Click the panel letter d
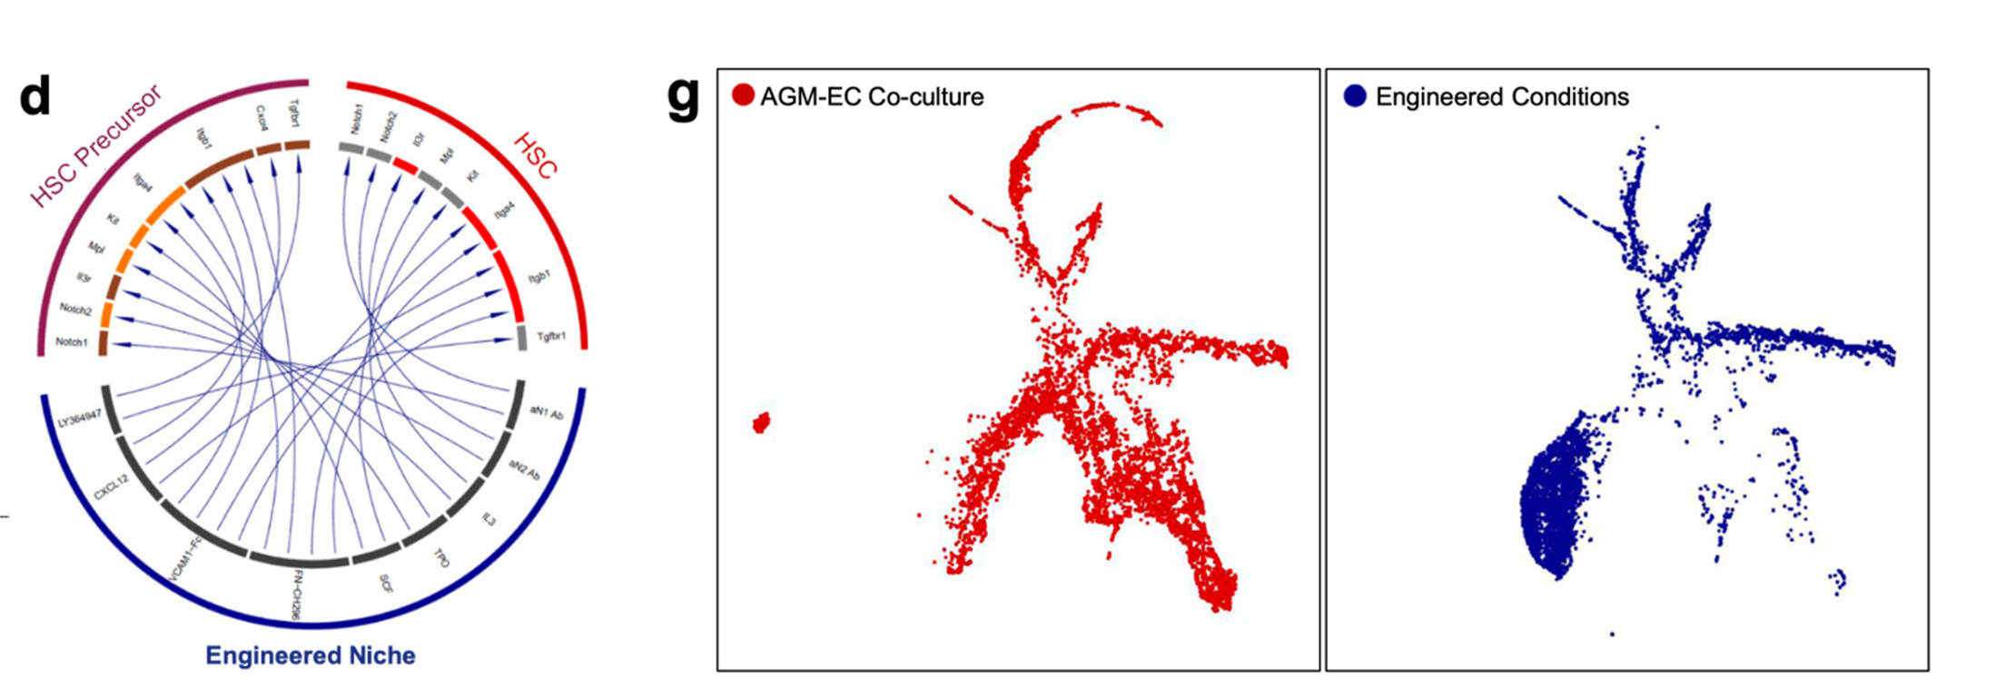point(35,96)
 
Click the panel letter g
point(683,97)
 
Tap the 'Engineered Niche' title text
point(310,655)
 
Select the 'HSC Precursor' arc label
point(95,146)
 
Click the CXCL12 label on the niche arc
point(112,487)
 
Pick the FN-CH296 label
point(297,595)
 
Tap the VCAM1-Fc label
point(185,559)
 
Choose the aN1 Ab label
point(546,413)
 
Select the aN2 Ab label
point(524,469)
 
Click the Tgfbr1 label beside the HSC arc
point(551,337)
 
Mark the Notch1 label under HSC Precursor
point(72,342)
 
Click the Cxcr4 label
point(262,118)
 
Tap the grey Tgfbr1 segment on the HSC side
point(521,338)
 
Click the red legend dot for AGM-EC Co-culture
point(743,95)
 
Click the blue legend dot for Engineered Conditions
point(1355,95)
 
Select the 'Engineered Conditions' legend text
point(1502,96)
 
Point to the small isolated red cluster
point(761,422)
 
